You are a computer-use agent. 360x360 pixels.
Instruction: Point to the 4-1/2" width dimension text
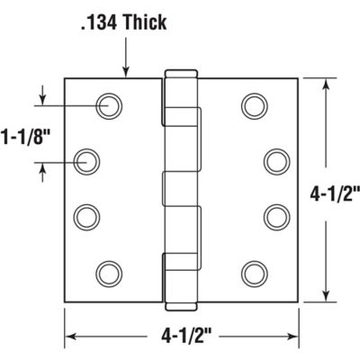(180, 339)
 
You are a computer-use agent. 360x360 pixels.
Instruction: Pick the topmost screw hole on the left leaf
(108, 105)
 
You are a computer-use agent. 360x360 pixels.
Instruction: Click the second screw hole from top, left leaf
(87, 162)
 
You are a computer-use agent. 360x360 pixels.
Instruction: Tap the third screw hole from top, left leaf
(87, 216)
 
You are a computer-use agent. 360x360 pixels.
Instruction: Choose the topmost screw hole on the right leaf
(253, 105)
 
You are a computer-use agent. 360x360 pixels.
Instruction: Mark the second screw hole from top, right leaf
(274, 162)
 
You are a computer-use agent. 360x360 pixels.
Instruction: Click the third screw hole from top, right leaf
(274, 216)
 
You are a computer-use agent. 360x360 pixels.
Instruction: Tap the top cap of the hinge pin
(179, 72)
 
